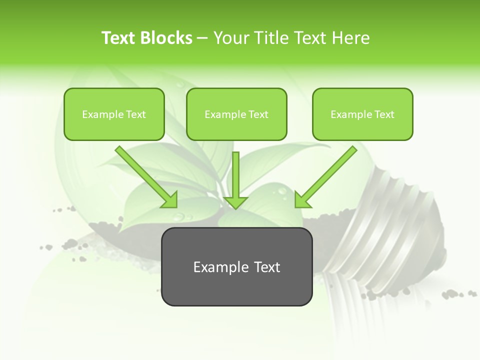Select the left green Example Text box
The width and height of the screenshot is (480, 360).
coord(114,114)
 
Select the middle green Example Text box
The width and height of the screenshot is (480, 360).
coord(236,114)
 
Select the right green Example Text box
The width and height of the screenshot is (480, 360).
coord(362,114)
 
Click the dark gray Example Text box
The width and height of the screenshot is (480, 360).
coord(236,267)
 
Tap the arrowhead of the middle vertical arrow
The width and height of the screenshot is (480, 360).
coord(236,202)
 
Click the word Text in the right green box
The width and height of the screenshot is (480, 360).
coord(384,114)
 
